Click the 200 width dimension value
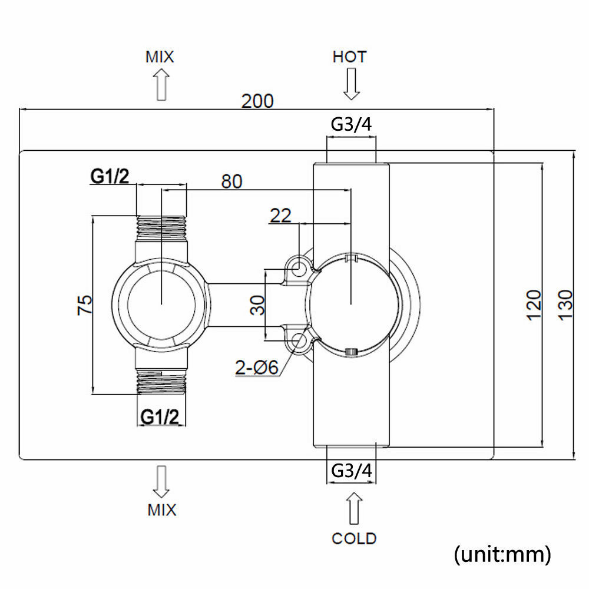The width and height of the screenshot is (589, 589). (257, 101)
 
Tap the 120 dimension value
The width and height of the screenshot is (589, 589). (533, 305)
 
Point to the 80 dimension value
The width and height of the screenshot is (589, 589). (231, 181)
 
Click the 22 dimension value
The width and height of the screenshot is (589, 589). (280, 216)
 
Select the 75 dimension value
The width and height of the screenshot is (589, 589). (84, 305)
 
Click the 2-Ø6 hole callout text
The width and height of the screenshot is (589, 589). (255, 368)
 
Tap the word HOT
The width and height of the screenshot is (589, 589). (350, 57)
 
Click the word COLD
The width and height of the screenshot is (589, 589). (354, 538)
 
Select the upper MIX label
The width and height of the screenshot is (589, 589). (160, 57)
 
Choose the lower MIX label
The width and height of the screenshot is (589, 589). (161, 509)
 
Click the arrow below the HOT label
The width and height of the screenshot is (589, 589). (352, 84)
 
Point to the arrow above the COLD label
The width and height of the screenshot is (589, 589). (353, 508)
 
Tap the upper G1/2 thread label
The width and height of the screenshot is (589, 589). (111, 176)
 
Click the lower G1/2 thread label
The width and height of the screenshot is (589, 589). (160, 416)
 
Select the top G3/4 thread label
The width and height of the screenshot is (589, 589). (351, 125)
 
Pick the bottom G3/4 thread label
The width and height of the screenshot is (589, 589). (352, 472)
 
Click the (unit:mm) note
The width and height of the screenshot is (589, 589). (502, 554)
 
